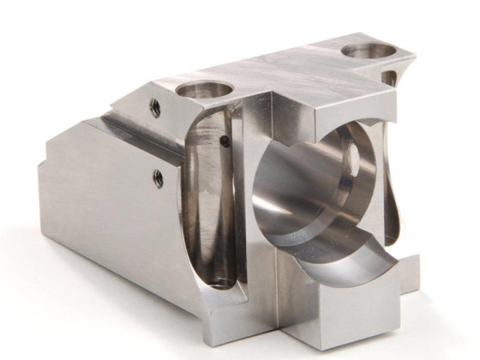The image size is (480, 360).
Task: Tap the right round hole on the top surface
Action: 369,51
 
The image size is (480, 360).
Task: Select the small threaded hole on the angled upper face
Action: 155,107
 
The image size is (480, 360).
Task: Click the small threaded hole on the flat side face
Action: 158,177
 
